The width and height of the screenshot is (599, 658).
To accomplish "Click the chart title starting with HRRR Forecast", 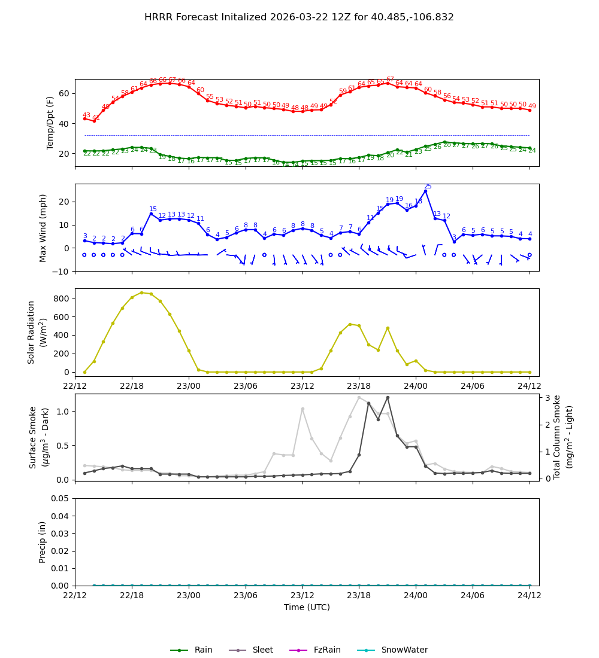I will [x=299, y=17].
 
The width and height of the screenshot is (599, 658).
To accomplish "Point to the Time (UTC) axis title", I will [x=307, y=607].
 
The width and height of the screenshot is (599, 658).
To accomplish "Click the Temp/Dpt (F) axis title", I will [x=51, y=123].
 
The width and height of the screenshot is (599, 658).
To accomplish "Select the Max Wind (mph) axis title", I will [x=43, y=227].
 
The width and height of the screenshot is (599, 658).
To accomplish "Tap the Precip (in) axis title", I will [x=43, y=542].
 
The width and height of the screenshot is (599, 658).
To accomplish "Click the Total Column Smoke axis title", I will [x=556, y=437].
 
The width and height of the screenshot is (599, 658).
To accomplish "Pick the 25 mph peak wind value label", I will [x=428, y=187].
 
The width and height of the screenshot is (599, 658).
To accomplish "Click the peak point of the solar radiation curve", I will [x=141, y=293].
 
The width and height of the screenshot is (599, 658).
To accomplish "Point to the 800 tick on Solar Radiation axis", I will [x=62, y=298].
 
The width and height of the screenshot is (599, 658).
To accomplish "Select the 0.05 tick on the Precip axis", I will [x=59, y=498].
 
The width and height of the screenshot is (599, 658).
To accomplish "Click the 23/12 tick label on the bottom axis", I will [x=302, y=595].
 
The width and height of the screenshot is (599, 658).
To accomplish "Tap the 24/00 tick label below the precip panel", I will [x=416, y=595].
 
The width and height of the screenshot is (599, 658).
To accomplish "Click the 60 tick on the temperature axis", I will [x=63, y=93].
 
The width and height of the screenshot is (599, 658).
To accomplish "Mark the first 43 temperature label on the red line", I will [x=86, y=115].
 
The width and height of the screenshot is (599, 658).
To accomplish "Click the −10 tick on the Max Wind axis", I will [x=60, y=272].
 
